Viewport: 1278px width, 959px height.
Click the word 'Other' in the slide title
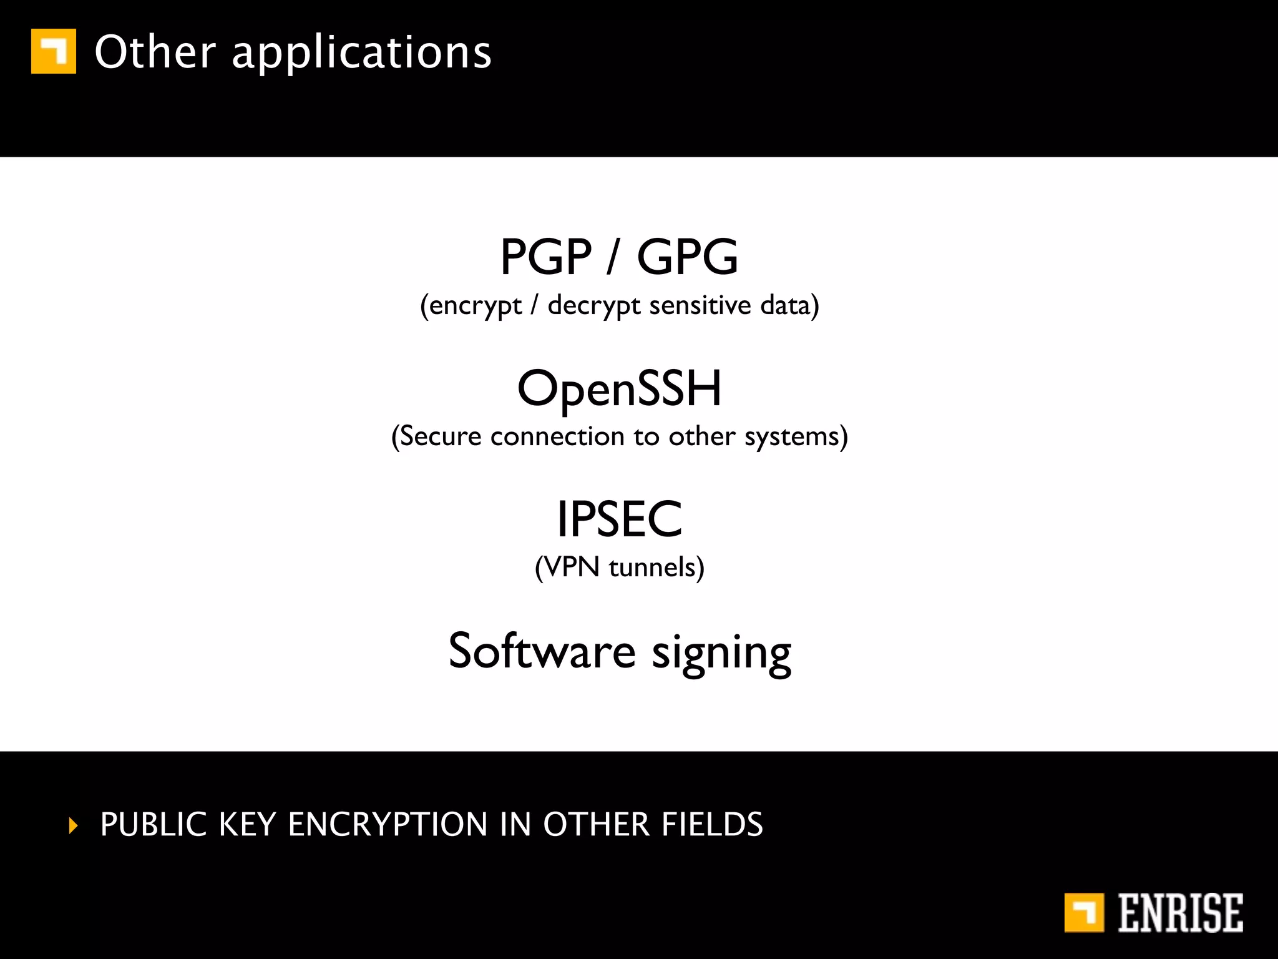point(155,52)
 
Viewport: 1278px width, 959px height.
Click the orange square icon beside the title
point(54,51)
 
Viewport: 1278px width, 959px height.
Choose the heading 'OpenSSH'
point(620,389)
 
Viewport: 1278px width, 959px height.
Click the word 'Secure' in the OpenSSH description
point(441,436)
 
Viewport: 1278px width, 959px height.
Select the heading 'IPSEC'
point(620,519)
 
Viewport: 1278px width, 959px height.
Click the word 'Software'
point(542,651)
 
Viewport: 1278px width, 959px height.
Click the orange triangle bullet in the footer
point(74,825)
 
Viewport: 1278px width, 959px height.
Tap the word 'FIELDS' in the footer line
point(712,824)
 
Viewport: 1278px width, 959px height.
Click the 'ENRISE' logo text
point(1180,913)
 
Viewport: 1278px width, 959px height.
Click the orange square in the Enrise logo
point(1084,913)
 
